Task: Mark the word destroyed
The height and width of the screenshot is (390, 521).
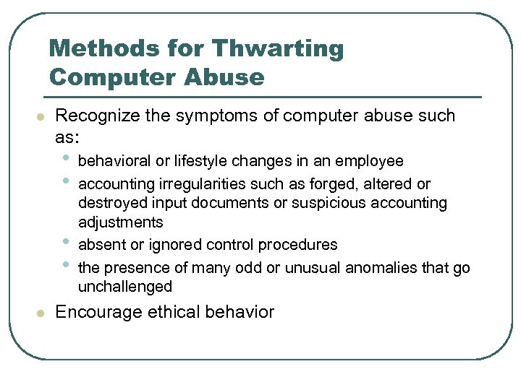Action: pyautogui.click(x=109, y=204)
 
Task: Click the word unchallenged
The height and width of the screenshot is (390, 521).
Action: pyautogui.click(x=124, y=287)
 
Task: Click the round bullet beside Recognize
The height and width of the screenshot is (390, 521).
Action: pyautogui.click(x=41, y=116)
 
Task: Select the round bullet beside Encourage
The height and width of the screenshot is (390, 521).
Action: pyautogui.click(x=41, y=313)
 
